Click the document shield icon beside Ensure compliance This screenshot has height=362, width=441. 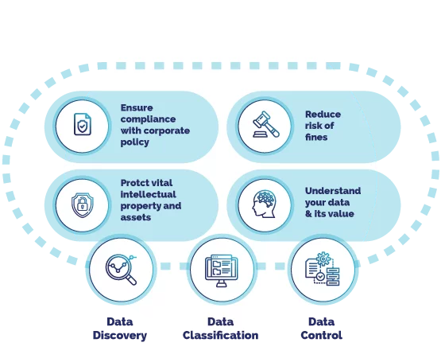point(83,124)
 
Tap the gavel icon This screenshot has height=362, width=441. point(266,124)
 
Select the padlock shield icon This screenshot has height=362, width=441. point(83,204)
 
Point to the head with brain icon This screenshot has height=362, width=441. point(264,204)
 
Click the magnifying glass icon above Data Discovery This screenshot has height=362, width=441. point(121,270)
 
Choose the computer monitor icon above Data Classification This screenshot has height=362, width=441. point(222,271)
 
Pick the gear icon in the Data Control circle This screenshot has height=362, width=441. point(323,259)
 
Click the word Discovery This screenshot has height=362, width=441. point(120,335)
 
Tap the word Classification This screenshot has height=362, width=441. point(221,335)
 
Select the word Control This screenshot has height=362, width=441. point(322,335)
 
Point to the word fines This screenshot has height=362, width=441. point(316,137)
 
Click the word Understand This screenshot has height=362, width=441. point(333,191)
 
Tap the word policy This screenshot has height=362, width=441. point(135,142)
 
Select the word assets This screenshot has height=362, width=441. point(136,217)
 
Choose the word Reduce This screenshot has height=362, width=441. point(323,114)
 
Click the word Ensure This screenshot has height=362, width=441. point(137,107)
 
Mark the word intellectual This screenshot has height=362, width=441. point(149,194)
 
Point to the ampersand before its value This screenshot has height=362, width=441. point(308,213)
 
